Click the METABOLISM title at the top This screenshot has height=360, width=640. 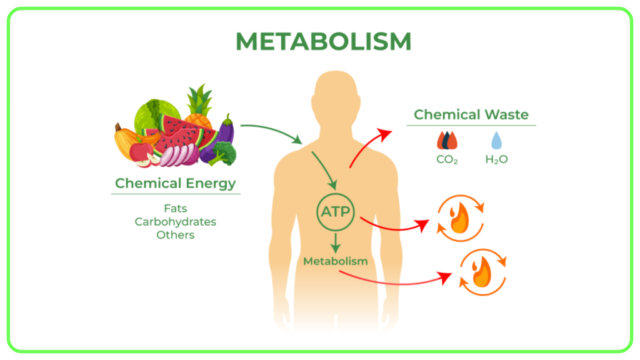(x=323, y=41)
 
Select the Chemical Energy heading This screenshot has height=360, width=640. (x=176, y=183)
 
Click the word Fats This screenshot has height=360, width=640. (x=176, y=208)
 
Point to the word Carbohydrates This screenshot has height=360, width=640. (x=176, y=222)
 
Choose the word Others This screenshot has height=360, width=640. (x=176, y=235)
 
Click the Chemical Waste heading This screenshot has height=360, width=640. (x=471, y=114)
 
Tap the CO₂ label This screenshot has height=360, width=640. (x=447, y=159)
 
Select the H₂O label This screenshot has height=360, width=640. (x=496, y=159)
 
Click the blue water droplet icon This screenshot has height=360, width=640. (x=496, y=141)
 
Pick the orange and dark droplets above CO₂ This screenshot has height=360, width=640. (x=447, y=141)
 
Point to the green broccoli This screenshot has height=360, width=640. (x=223, y=154)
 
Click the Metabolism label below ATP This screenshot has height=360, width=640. (x=336, y=261)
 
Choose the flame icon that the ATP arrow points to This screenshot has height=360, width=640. (x=461, y=218)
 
